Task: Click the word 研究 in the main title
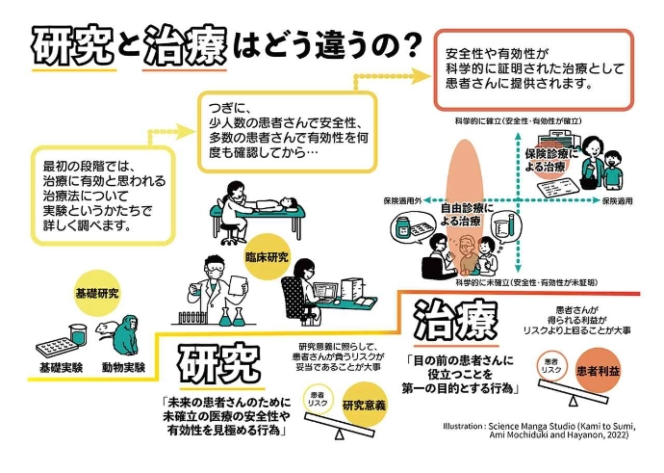[71, 44]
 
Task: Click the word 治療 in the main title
[184, 44]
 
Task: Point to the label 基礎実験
[61, 368]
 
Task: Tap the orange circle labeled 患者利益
[598, 370]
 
